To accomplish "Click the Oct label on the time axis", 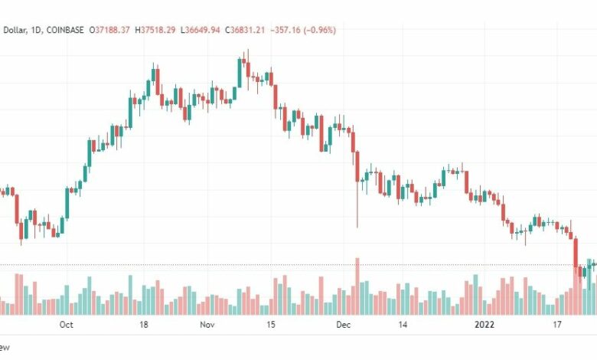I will click(x=66, y=325).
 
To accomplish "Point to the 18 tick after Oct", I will click(x=143, y=325).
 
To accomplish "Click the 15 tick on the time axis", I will click(x=270, y=325).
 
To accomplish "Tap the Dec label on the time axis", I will click(x=342, y=325).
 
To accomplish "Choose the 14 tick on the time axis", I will click(x=403, y=325).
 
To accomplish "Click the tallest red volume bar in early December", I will click(x=357, y=286).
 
